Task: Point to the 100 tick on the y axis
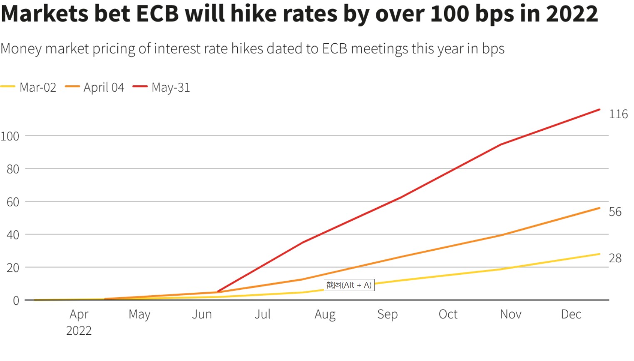tap(10, 136)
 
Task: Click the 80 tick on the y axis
tap(13, 169)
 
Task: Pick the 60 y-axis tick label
tap(13, 202)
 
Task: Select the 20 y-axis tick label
tap(13, 268)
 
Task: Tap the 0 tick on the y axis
tap(16, 301)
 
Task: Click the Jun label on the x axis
tap(202, 314)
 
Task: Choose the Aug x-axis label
tap(325, 315)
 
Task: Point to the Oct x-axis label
tap(448, 314)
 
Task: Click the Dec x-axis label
tap(571, 314)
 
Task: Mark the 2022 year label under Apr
tap(79, 331)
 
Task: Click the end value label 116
tap(618, 114)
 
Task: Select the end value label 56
tap(615, 212)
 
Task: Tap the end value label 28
tap(615, 258)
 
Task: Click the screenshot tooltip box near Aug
tap(349, 285)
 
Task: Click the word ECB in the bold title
tap(158, 13)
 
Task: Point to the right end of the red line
tap(599, 110)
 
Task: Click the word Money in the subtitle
tap(21, 49)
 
